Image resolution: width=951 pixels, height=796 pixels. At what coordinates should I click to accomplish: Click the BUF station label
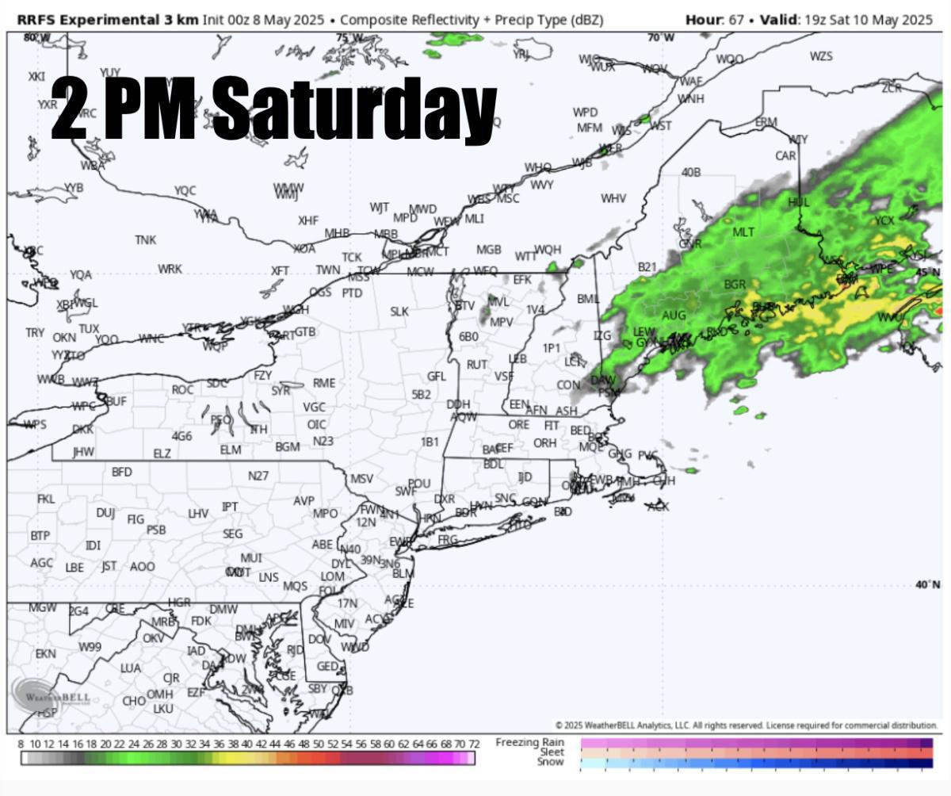click(116, 401)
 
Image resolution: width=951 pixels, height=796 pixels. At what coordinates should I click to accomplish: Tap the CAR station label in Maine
click(785, 155)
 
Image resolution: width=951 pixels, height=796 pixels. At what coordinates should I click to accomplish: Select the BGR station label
click(735, 284)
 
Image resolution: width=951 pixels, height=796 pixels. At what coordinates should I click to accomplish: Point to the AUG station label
click(674, 316)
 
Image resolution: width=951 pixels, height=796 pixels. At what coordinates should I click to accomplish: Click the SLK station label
click(399, 312)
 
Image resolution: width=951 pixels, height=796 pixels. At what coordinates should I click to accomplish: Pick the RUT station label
click(476, 365)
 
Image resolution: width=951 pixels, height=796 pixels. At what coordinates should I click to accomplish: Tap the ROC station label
click(182, 389)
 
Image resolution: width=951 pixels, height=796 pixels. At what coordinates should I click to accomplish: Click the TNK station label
click(145, 239)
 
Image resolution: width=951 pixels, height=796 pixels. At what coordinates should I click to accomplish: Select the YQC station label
click(185, 190)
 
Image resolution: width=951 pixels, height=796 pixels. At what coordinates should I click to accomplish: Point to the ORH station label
click(544, 443)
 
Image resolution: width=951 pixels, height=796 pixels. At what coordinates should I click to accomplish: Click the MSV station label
click(361, 479)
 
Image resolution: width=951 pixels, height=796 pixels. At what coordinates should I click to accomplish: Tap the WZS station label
click(821, 56)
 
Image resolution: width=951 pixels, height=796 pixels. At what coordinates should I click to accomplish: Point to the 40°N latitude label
click(927, 585)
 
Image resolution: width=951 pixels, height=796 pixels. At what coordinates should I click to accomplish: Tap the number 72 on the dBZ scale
click(474, 744)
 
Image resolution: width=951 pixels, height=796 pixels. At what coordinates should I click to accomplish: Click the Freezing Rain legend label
click(530, 742)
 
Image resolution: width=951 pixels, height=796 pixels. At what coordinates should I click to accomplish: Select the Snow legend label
click(550, 762)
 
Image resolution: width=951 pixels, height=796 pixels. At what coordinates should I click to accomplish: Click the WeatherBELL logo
click(51, 695)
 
